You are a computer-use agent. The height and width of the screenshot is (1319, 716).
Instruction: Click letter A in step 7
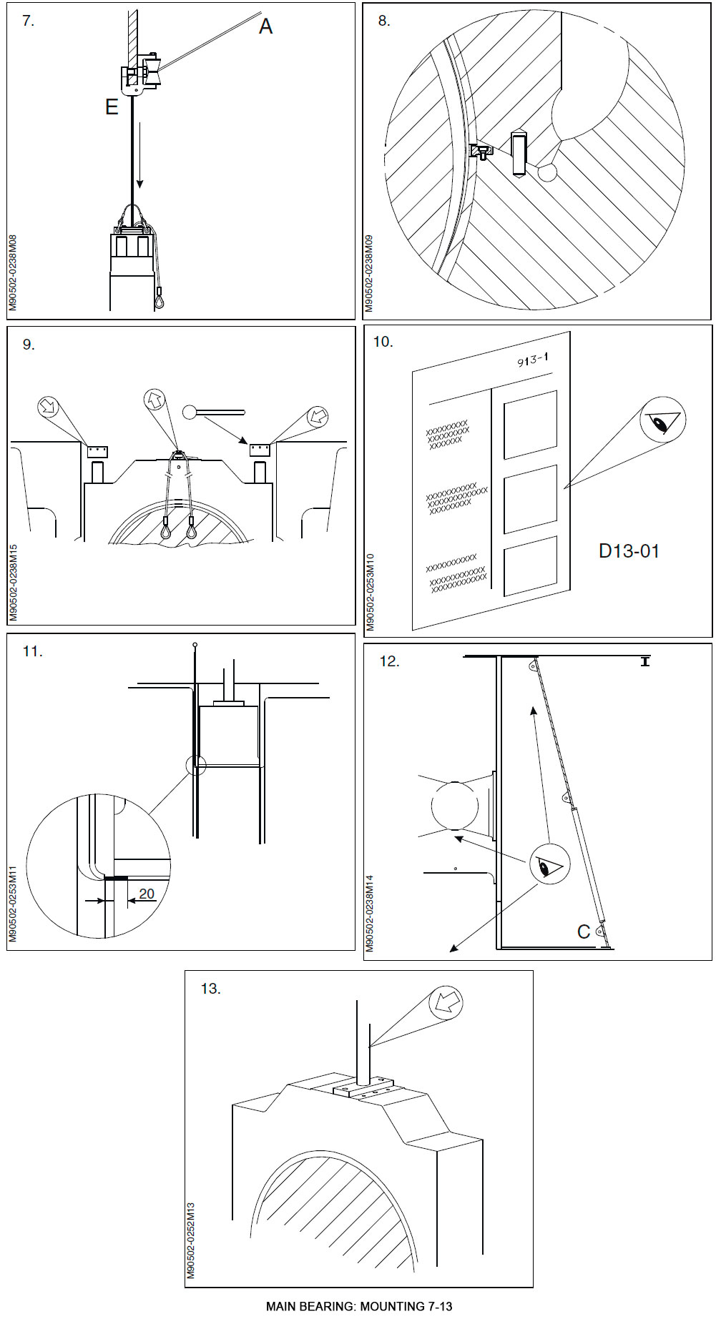click(x=265, y=26)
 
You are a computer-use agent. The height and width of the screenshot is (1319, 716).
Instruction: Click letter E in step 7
click(x=112, y=107)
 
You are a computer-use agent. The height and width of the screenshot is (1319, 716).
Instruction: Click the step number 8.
click(x=384, y=21)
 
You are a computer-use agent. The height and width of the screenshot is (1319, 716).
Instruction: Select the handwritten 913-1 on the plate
click(x=533, y=360)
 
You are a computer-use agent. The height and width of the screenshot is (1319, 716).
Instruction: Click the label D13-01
click(x=629, y=551)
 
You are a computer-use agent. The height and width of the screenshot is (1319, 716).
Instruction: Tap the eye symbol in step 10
click(x=663, y=420)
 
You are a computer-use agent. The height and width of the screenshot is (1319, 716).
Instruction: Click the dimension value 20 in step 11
click(x=147, y=894)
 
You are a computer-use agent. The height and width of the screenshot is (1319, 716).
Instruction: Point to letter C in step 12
click(x=584, y=932)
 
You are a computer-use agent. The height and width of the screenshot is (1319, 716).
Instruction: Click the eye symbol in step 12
click(x=548, y=866)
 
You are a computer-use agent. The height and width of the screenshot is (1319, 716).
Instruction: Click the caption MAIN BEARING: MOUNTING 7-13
click(x=359, y=1306)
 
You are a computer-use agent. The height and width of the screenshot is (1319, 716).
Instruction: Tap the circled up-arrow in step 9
click(x=155, y=400)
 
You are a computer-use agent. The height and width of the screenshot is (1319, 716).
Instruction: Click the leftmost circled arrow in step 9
click(x=48, y=408)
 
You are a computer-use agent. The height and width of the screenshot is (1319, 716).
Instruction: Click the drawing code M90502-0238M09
click(x=369, y=273)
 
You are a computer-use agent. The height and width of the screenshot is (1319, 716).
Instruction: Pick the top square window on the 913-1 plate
click(x=530, y=424)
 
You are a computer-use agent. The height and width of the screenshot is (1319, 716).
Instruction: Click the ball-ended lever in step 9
click(x=215, y=413)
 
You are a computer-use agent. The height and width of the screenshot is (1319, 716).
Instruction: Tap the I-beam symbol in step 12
click(x=645, y=662)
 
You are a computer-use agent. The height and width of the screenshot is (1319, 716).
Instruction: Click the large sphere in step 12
click(x=454, y=806)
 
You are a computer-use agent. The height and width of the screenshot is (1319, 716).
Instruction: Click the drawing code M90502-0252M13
click(x=191, y=1240)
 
